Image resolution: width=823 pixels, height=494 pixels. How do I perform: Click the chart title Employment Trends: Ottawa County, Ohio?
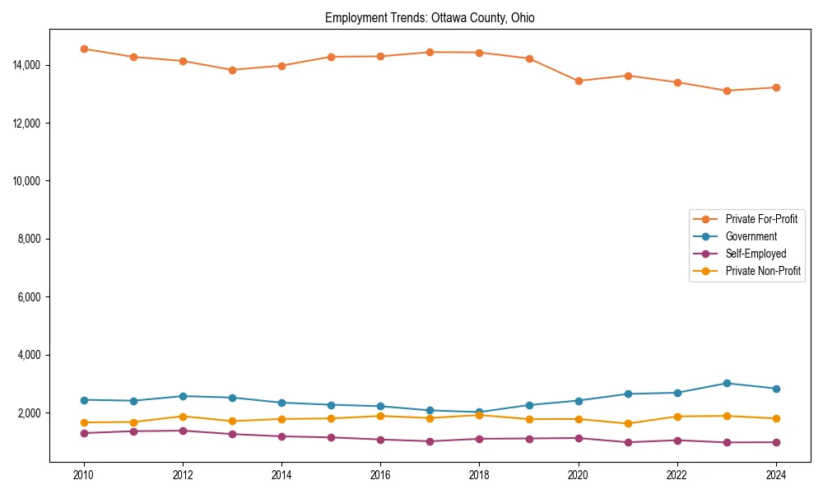coord(430,18)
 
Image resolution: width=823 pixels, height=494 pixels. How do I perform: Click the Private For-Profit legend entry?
coord(760,219)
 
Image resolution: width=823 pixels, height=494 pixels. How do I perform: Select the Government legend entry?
coord(751,236)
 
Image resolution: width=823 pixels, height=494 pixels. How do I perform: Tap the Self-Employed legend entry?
coord(756,254)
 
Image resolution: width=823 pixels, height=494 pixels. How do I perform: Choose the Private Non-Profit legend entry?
coord(763,271)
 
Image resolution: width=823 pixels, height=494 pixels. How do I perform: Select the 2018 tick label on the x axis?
coord(479,475)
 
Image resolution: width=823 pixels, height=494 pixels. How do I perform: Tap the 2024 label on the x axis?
coord(775,475)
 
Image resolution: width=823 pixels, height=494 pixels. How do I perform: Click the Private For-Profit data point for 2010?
coord(84,49)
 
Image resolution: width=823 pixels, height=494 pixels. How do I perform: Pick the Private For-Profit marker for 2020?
coord(578,81)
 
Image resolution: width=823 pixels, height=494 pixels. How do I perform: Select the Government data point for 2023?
coord(726,383)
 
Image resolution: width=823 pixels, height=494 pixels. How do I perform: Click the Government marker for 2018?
coord(479,412)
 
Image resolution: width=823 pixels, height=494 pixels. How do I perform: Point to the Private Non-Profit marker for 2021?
coord(627,423)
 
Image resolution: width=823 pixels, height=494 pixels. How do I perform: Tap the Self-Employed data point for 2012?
coord(183,431)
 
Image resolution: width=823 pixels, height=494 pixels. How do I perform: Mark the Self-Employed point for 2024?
coord(775,442)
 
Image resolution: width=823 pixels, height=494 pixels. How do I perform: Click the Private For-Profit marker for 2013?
coord(232,70)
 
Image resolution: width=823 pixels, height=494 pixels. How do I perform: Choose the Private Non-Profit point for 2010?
coord(84,422)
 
